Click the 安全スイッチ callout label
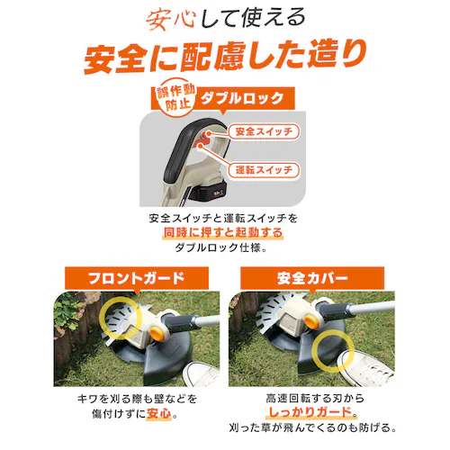(x=264, y=131)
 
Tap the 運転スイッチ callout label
(x=264, y=170)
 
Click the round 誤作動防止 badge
(x=175, y=98)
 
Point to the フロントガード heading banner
(x=137, y=278)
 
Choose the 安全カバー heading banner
(x=312, y=278)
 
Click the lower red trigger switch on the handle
(x=198, y=146)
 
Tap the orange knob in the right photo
(x=312, y=320)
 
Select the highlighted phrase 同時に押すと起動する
(x=223, y=232)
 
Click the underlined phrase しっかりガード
(x=310, y=412)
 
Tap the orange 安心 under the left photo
(x=159, y=414)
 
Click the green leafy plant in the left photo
(x=67, y=309)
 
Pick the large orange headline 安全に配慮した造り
(x=225, y=57)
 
